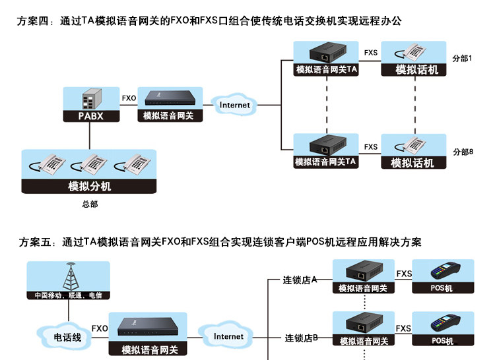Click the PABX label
(91, 116)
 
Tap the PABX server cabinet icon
(92, 99)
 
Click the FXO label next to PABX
(129, 98)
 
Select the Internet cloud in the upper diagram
(234, 105)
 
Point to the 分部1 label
(462, 58)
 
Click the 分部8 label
(463, 152)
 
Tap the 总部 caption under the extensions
(90, 204)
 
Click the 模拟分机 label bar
(89, 186)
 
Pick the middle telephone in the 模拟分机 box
(89, 164)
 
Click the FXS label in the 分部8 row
(371, 147)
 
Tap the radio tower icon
(71, 276)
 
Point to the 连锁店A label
(300, 280)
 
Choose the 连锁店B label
(301, 338)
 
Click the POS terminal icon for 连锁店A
(445, 270)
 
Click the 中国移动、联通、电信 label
(68, 295)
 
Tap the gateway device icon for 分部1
(327, 53)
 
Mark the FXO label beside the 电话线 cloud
(100, 328)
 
